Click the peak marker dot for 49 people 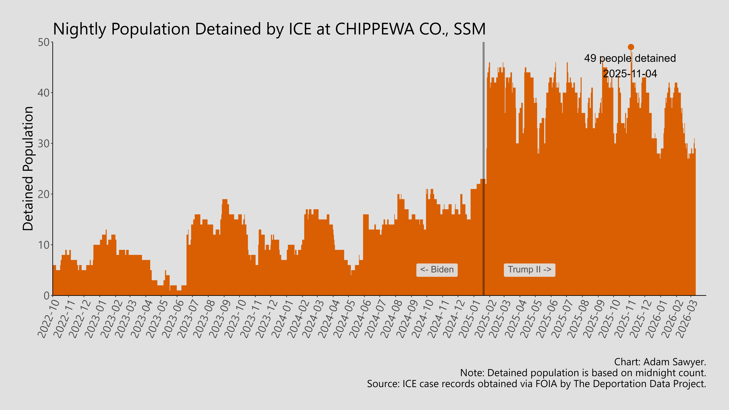631,47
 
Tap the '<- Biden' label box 437,270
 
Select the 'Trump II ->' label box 529,270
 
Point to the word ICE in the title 300,29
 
